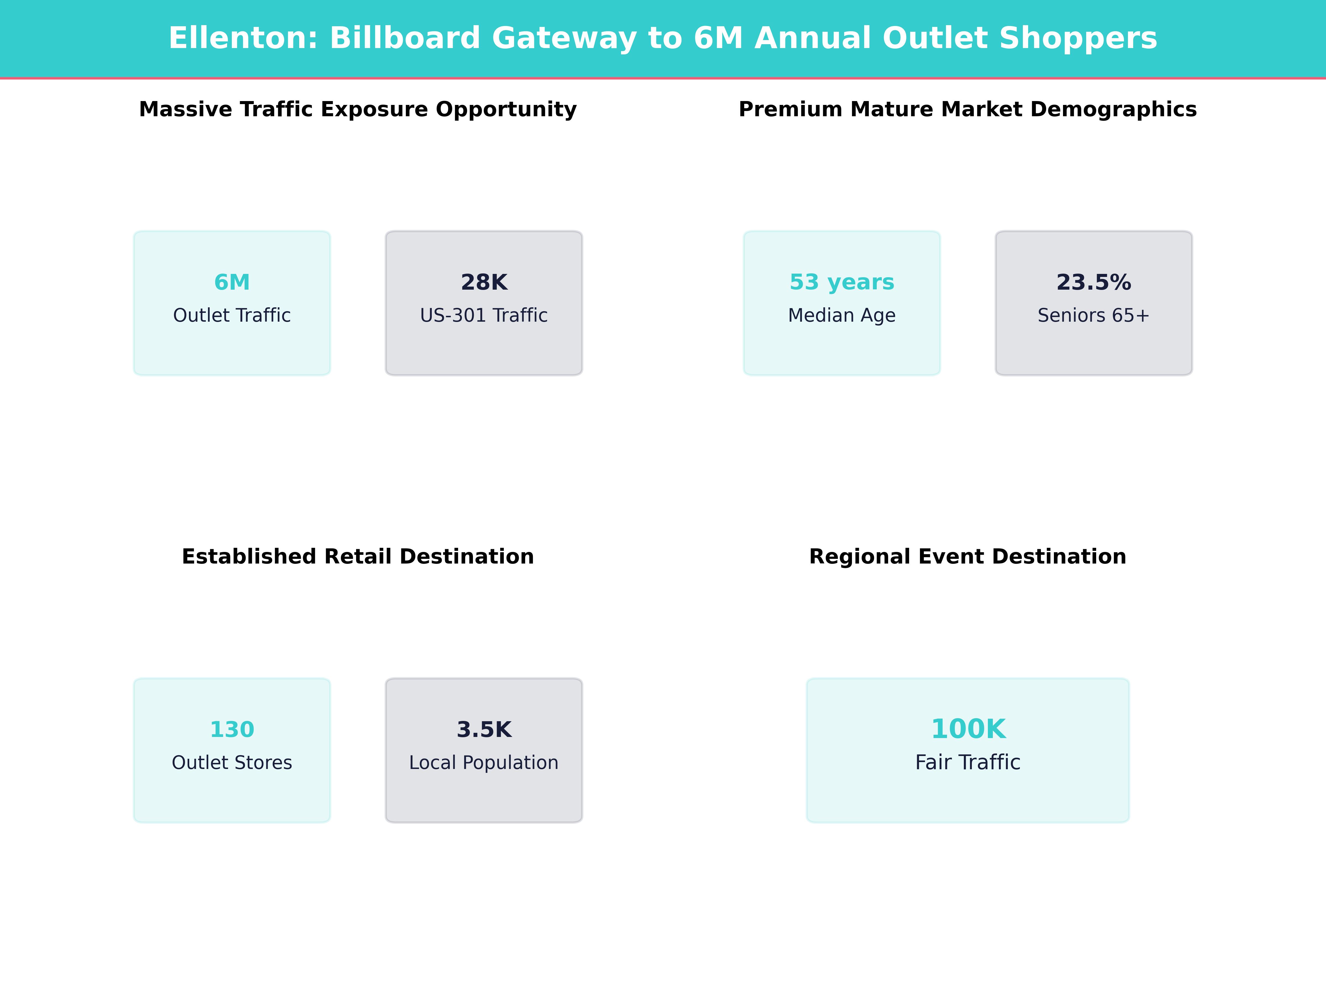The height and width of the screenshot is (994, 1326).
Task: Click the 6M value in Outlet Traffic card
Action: coord(232,282)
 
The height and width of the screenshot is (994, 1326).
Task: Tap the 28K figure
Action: coord(484,282)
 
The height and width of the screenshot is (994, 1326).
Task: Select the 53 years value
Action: coord(842,282)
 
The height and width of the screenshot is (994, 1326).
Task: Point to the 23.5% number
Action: coord(1093,282)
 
